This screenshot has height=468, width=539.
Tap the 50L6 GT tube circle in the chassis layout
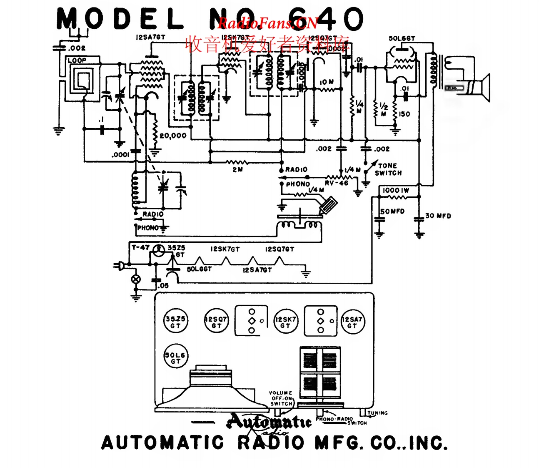(175, 357)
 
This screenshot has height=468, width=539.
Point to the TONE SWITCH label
(388, 169)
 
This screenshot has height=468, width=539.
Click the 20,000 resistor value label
(173, 136)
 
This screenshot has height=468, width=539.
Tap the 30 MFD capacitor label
(438, 216)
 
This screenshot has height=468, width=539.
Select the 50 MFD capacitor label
(392, 211)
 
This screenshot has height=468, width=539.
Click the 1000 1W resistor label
(396, 190)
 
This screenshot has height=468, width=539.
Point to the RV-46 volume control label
(337, 183)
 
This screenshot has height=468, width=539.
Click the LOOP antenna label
(77, 60)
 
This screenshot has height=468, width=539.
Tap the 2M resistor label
(237, 170)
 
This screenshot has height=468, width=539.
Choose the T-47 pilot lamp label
(140, 247)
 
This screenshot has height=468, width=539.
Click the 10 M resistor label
(327, 82)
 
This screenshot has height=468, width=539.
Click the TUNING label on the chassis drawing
(377, 413)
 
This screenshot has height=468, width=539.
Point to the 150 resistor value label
(404, 114)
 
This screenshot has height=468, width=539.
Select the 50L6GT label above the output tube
(402, 38)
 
